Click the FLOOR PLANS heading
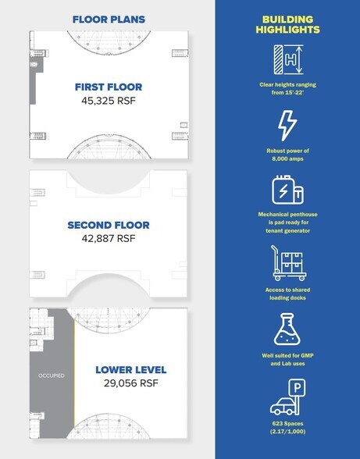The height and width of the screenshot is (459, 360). tap(109, 20)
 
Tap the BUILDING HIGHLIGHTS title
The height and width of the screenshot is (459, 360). tap(287, 25)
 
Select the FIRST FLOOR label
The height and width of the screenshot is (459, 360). tap(109, 87)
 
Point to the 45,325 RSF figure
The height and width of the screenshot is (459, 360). tap(109, 101)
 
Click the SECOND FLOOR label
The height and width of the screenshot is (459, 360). tap(109, 225)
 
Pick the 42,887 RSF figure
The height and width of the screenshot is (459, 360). tap(109, 239)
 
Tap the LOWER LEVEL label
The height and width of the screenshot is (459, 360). tap(131, 370)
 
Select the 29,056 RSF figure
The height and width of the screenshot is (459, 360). tap(131, 382)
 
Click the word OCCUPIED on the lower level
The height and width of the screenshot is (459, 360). tap(52, 375)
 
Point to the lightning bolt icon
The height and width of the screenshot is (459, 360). tap(287, 126)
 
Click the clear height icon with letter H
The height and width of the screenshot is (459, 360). tap(288, 59)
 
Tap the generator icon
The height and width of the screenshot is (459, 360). tap(287, 190)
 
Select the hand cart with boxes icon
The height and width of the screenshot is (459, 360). tap(288, 263)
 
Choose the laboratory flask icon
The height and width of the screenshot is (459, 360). tap(287, 329)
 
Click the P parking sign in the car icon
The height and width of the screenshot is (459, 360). tap(297, 388)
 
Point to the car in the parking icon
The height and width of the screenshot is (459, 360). tap(283, 406)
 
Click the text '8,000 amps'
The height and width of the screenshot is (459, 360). tap(287, 159)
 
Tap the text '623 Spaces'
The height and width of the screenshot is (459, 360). tap(287, 424)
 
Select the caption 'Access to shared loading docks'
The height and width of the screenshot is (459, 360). tap(287, 294)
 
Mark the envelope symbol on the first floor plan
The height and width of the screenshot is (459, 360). tap(34, 64)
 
